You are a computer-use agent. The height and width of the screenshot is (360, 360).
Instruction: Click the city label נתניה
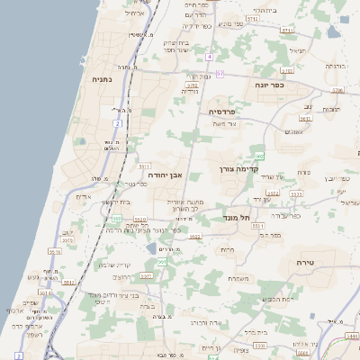coord(102,79)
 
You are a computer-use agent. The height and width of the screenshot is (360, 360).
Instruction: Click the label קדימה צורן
coord(238,167)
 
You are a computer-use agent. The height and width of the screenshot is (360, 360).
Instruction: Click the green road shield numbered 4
coord(208,57)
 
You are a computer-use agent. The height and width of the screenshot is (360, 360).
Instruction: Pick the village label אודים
coord(83,195)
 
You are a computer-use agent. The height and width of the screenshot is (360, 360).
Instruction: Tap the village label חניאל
coord(296,50)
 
